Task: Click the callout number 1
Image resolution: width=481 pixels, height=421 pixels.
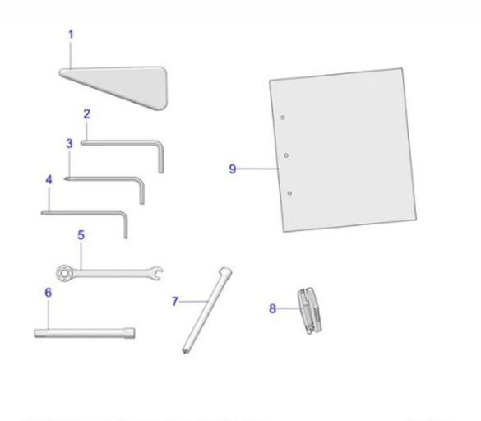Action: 71,35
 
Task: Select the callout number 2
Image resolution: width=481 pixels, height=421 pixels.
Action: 86,113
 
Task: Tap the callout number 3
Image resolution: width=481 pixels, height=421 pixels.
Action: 69,143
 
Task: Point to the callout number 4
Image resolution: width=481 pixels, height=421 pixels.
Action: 49,179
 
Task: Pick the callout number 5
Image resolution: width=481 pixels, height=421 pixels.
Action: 81,234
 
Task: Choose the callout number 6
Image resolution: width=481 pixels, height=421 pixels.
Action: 48,292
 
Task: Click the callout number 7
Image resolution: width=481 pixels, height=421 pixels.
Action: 174,302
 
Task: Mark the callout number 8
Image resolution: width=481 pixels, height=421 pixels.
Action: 272,309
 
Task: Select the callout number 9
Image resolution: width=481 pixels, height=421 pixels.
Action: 233,169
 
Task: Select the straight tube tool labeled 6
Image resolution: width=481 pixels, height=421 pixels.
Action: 84,333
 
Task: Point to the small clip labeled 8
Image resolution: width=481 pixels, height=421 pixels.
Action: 308,310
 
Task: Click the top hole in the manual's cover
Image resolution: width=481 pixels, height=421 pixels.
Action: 282,118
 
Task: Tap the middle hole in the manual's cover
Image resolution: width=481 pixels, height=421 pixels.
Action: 285,155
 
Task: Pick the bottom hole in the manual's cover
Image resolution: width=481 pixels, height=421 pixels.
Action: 290,193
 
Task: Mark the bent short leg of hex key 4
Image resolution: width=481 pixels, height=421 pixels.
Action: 126,226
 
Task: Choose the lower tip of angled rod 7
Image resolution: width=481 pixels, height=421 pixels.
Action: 186,350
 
